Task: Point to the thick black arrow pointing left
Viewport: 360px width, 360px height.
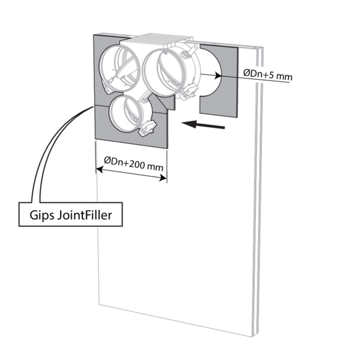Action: click(x=204, y=125)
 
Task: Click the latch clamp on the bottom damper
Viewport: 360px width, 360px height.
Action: click(x=147, y=127)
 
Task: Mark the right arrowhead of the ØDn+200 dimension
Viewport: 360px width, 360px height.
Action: click(x=164, y=178)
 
